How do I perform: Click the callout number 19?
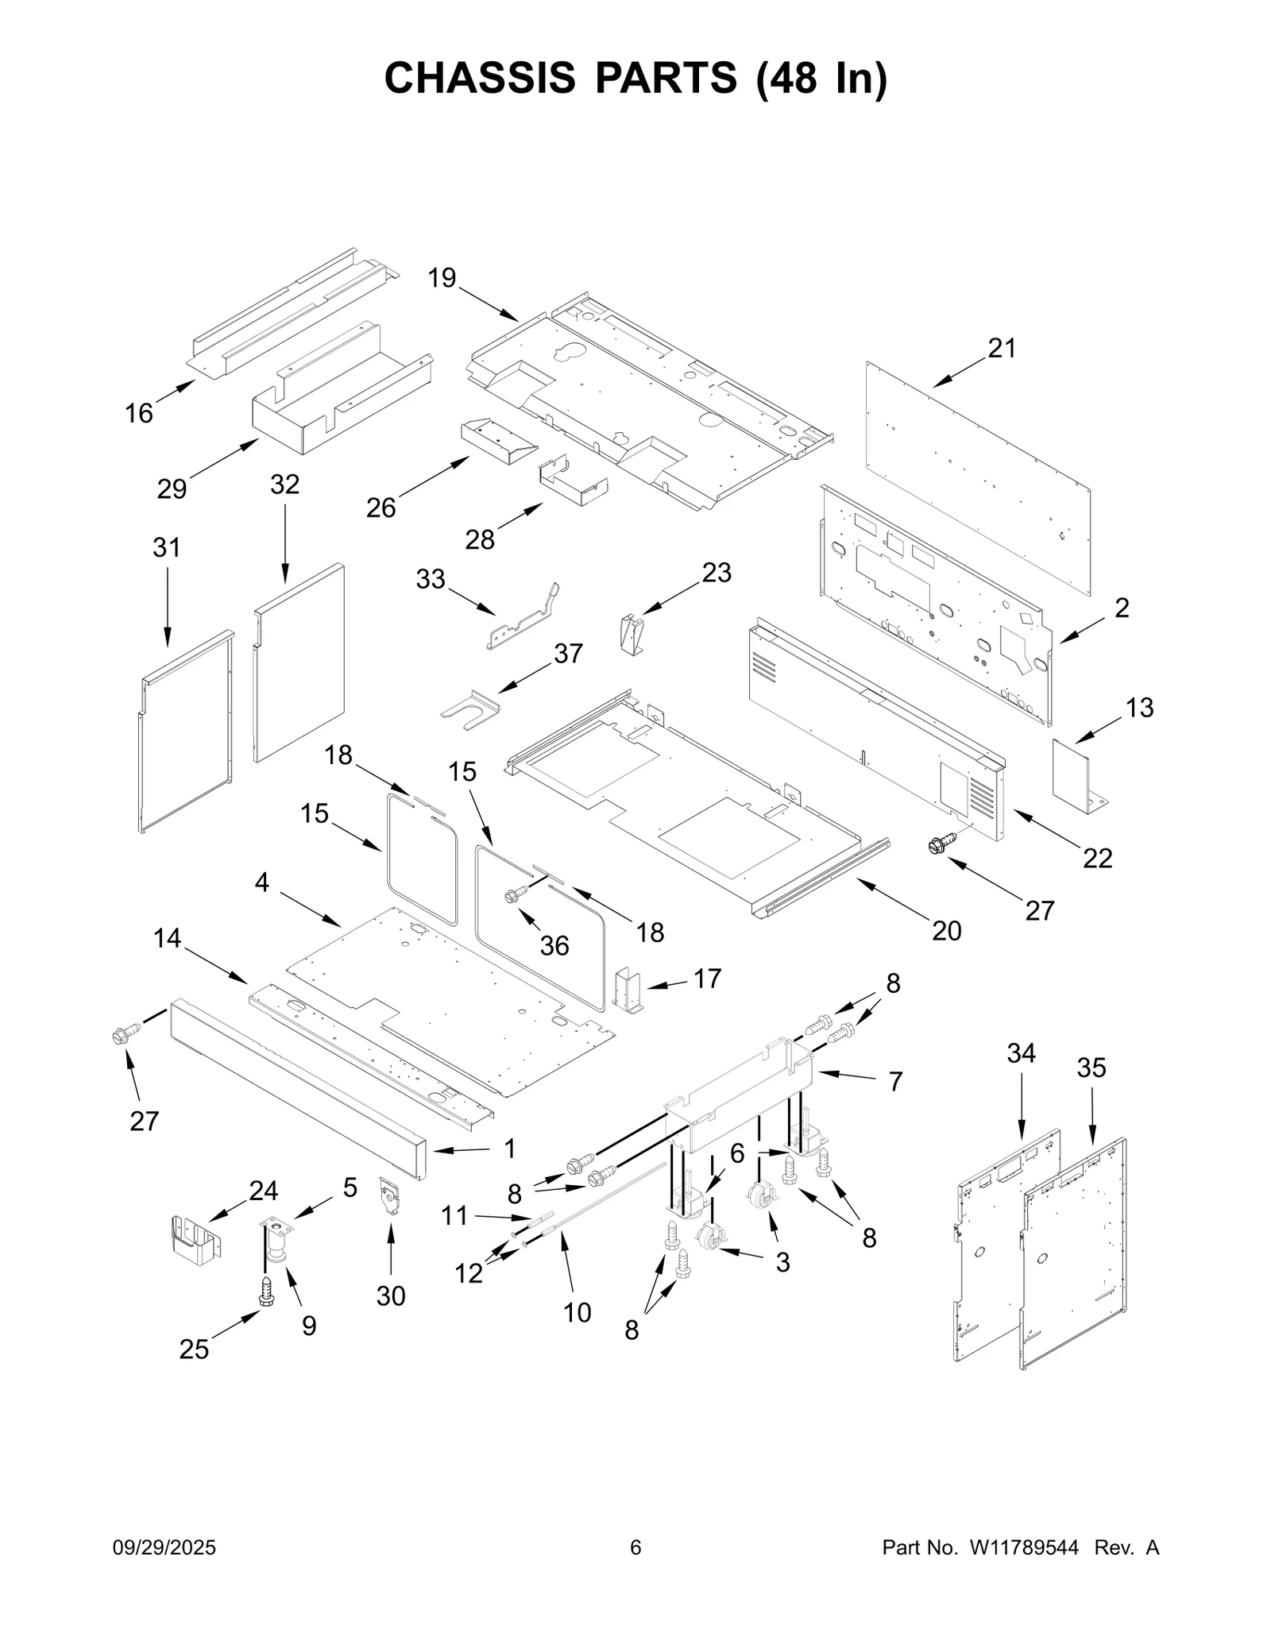pos(442,278)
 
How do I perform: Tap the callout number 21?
pos(1002,348)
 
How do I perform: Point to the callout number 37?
pos(568,654)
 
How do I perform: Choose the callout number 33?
pos(431,579)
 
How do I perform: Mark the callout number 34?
pos(1021,1053)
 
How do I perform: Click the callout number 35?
pos(1091,1068)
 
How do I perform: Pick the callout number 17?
pos(707,979)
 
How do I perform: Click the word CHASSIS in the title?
pos(480,78)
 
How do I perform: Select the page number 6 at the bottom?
pos(635,1547)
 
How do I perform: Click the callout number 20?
pos(946,930)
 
